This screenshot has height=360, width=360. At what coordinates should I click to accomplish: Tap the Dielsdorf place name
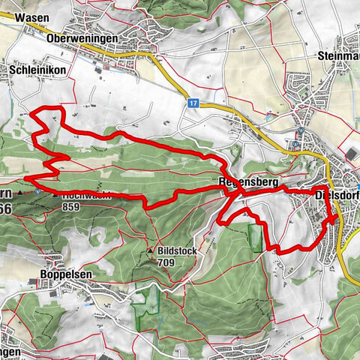click(337, 196)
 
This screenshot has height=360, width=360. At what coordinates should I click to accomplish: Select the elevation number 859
click(72, 206)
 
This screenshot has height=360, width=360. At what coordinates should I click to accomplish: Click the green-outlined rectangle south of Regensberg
click(256, 237)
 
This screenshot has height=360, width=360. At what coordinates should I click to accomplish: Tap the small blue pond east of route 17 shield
click(268, 117)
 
